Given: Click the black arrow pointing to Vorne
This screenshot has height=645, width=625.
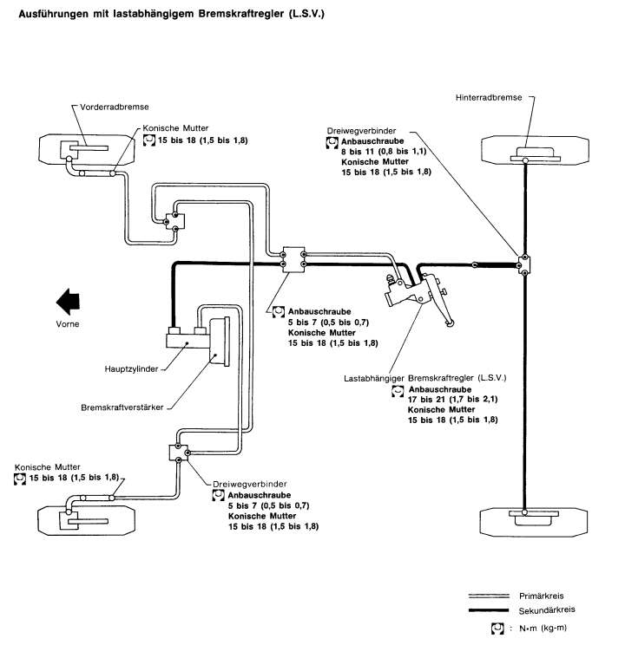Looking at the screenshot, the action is point(68,302).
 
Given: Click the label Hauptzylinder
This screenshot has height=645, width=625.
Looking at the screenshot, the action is point(131,369).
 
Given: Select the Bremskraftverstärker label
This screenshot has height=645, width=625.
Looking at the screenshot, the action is point(122,407).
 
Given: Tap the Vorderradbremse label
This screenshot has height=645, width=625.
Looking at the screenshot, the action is point(114,107).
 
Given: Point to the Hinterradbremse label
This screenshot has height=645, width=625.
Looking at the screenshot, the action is point(489,97).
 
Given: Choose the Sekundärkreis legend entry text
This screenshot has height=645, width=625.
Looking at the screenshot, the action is point(547,610).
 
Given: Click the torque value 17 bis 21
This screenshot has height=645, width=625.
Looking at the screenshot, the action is point(426,399).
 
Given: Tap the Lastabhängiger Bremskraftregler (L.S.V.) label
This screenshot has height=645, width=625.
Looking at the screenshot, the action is point(424,378).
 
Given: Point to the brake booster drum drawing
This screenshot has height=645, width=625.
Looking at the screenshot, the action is point(220,341).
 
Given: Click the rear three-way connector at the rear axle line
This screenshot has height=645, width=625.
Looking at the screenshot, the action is point(524,264).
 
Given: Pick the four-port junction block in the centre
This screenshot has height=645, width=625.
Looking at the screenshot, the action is point(293,259).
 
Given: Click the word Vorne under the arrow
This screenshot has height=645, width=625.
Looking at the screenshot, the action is point(68,324).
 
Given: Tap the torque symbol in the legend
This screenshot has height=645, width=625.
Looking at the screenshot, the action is point(497,629).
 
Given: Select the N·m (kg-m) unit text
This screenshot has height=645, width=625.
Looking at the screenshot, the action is point(543,629).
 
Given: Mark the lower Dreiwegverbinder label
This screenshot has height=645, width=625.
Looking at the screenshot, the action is point(250,484).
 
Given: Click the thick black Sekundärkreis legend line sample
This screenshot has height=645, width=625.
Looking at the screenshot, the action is point(489,610).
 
